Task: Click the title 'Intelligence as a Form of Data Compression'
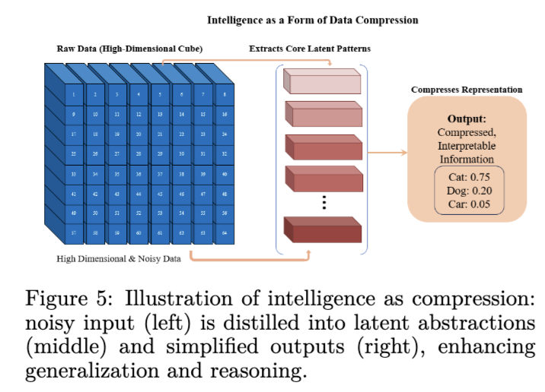pos(313,20)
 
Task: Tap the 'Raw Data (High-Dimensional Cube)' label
pos(129,49)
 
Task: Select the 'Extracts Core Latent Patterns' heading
pos(310,49)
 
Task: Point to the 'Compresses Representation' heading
pos(467,90)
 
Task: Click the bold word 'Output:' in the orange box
pos(467,119)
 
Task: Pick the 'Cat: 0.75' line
pos(467,177)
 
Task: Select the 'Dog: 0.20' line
pos(467,190)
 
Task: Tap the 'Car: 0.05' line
pos(467,204)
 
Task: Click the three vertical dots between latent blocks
pos(323,201)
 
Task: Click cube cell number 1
pos(73,96)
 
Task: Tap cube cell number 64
pos(225,232)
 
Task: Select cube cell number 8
pos(225,96)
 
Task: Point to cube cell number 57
pos(73,232)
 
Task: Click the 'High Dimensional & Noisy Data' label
pos(118,259)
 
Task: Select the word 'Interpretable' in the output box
pos(467,147)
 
